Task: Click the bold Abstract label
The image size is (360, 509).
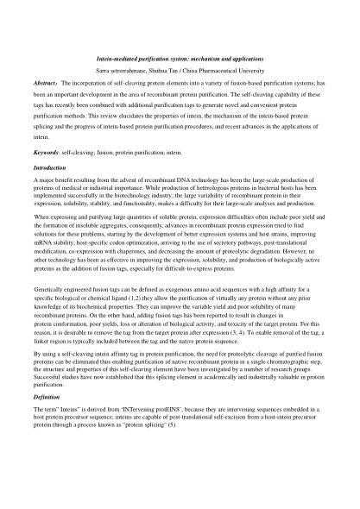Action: pyautogui.click(x=41, y=83)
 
